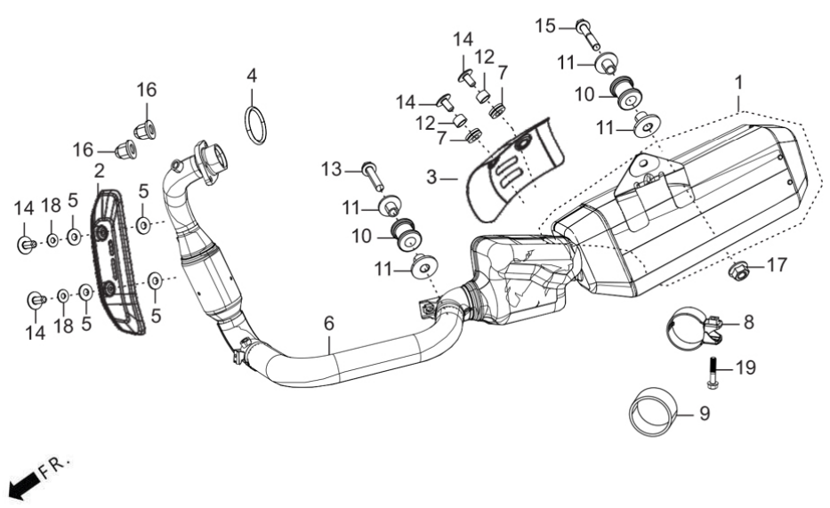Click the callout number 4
point(252,76)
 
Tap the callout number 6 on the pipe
point(329,323)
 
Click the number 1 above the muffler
point(738,83)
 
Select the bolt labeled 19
point(713,373)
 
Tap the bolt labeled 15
point(586,33)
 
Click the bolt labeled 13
point(373,176)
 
